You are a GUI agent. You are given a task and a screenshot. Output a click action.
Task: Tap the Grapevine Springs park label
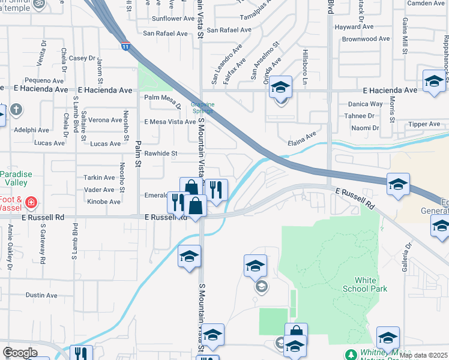pos(203,107)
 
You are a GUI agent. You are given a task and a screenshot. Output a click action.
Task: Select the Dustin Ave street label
pos(41,295)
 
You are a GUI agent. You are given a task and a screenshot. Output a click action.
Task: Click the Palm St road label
pos(137,152)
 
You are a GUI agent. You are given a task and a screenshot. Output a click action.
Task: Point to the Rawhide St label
pos(161,154)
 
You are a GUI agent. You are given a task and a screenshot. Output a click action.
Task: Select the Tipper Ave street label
pos(424,124)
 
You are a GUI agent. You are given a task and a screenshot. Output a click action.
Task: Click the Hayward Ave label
pos(355,27)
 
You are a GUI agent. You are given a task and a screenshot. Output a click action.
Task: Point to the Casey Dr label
pos(82,58)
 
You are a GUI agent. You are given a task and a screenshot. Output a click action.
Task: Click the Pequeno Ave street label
pos(40,80)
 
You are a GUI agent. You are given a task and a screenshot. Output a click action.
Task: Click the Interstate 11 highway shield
pos(124,46)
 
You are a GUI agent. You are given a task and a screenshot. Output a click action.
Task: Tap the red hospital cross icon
pos(31,203)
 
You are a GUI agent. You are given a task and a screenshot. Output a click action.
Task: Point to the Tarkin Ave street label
pos(99,178)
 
